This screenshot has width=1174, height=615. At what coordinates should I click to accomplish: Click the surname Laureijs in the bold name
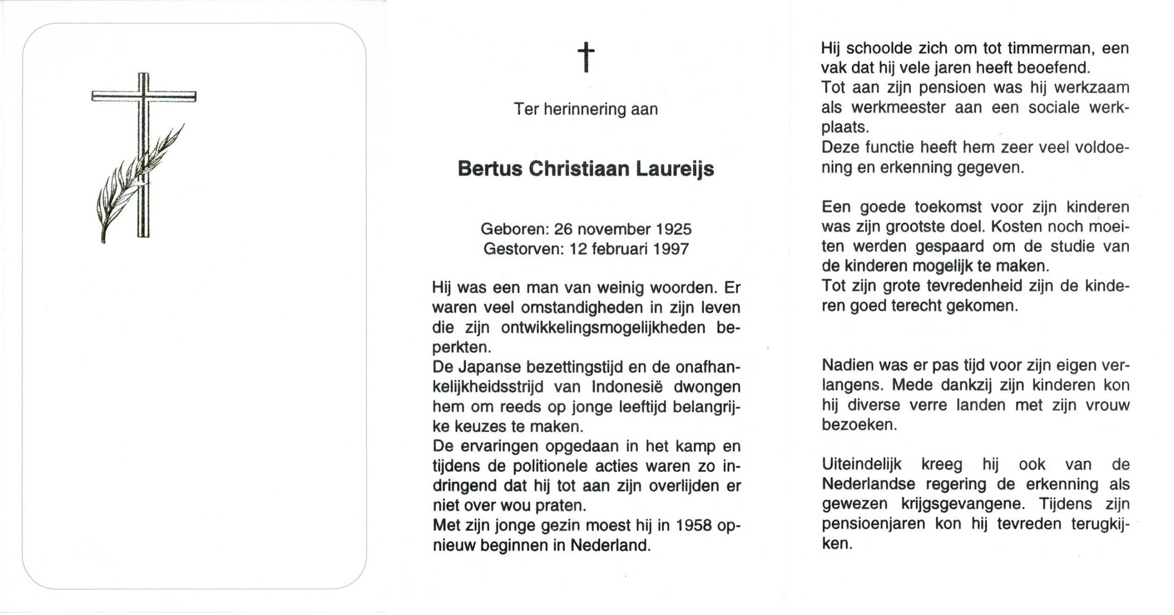675,169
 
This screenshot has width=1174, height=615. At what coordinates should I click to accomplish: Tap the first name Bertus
489,169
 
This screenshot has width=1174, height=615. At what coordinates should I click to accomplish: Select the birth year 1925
674,229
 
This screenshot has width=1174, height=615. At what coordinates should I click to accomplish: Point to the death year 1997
671,249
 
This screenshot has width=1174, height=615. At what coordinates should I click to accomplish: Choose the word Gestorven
523,249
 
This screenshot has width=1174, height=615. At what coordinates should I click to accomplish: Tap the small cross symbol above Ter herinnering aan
586,56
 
